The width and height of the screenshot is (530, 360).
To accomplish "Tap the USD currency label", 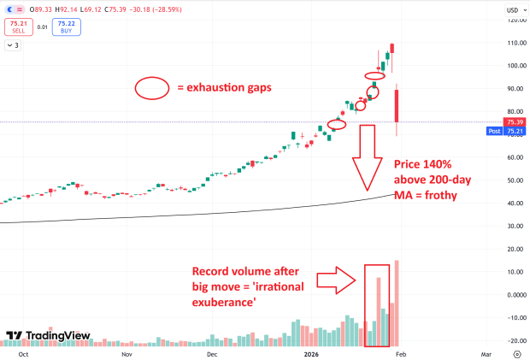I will (512, 11).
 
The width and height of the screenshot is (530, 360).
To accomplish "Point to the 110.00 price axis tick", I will (515, 43).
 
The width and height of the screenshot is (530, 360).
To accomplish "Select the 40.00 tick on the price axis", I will (515, 204).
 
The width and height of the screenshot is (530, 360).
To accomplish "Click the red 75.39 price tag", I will (515, 122).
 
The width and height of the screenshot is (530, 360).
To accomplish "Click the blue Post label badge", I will (493, 131).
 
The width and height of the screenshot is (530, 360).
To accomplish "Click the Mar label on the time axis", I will (486, 353).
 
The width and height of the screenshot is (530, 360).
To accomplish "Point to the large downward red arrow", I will (368, 157).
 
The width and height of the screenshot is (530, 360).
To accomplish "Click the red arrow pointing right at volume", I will (335, 278).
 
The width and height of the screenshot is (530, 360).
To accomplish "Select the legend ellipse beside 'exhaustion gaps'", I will (153, 87).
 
